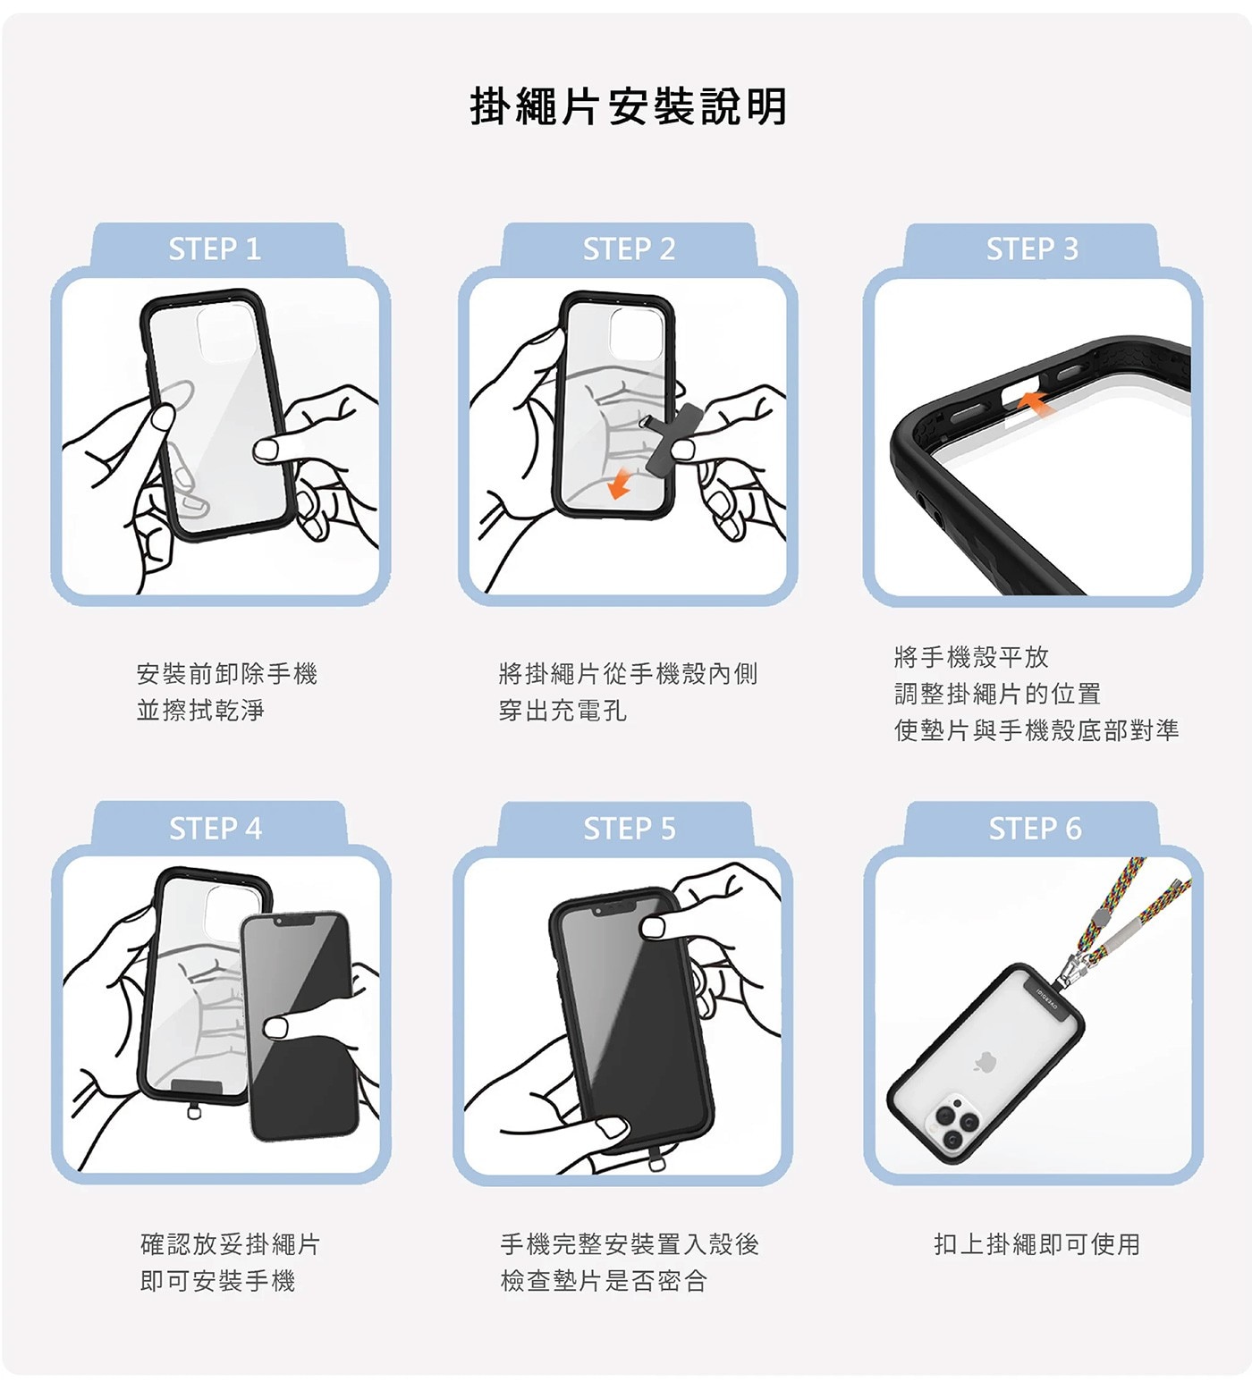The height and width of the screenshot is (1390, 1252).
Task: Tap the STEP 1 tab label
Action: tap(215, 249)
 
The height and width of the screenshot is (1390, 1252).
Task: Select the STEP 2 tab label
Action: tap(629, 249)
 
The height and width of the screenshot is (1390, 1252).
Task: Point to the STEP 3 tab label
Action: tap(1032, 249)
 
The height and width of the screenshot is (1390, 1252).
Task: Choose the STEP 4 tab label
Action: tap(216, 829)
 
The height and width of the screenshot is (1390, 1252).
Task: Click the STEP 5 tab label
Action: tap(630, 829)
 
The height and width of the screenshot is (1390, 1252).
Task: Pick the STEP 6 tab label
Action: tap(1035, 829)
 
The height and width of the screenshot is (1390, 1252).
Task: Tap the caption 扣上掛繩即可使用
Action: tap(1036, 1243)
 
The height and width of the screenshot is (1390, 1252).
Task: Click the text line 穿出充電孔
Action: tap(563, 711)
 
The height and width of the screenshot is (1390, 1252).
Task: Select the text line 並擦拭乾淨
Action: tap(200, 711)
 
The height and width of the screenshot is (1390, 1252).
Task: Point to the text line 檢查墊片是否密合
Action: tap(604, 1281)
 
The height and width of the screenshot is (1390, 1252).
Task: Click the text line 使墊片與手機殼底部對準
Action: tap(1036, 730)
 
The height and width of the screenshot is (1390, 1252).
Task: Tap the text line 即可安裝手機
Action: tap(217, 1281)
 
